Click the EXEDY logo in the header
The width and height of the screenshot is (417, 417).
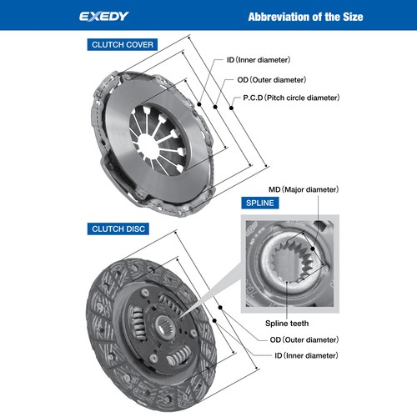pyautogui.click(x=103, y=16)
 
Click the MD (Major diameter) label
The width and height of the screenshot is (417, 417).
pyautogui.click(x=304, y=190)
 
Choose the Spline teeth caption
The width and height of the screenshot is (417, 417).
pyautogui.click(x=288, y=321)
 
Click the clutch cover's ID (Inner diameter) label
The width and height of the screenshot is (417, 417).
pyautogui.click(x=261, y=60)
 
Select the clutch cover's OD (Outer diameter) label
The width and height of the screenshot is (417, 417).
pyautogui.click(x=271, y=79)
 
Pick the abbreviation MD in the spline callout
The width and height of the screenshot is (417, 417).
pyautogui.click(x=274, y=190)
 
